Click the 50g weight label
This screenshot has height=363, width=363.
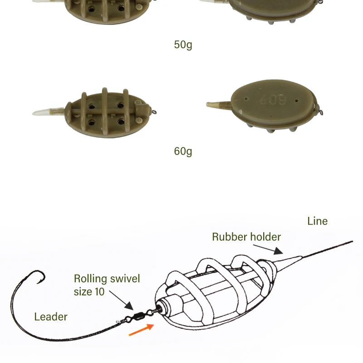coord(183,44)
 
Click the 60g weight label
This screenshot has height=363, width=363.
coord(183,152)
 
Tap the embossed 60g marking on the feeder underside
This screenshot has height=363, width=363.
coord(274,99)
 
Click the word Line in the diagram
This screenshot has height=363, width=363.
coord(317,221)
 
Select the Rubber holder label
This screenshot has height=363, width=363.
coord(246,237)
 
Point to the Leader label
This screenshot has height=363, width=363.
coord(51,317)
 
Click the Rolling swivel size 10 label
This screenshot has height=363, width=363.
coord(107,285)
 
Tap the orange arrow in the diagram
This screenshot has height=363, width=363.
coord(142,330)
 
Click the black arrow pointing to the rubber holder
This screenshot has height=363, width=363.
coord(268,249)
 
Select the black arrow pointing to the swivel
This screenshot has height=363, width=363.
coord(121,300)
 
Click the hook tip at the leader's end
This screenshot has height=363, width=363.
coord(38,283)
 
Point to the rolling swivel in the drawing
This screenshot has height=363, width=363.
coord(138,316)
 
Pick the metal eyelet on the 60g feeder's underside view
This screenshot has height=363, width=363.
coord(320,113)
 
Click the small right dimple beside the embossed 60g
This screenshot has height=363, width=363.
coord(297,101)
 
